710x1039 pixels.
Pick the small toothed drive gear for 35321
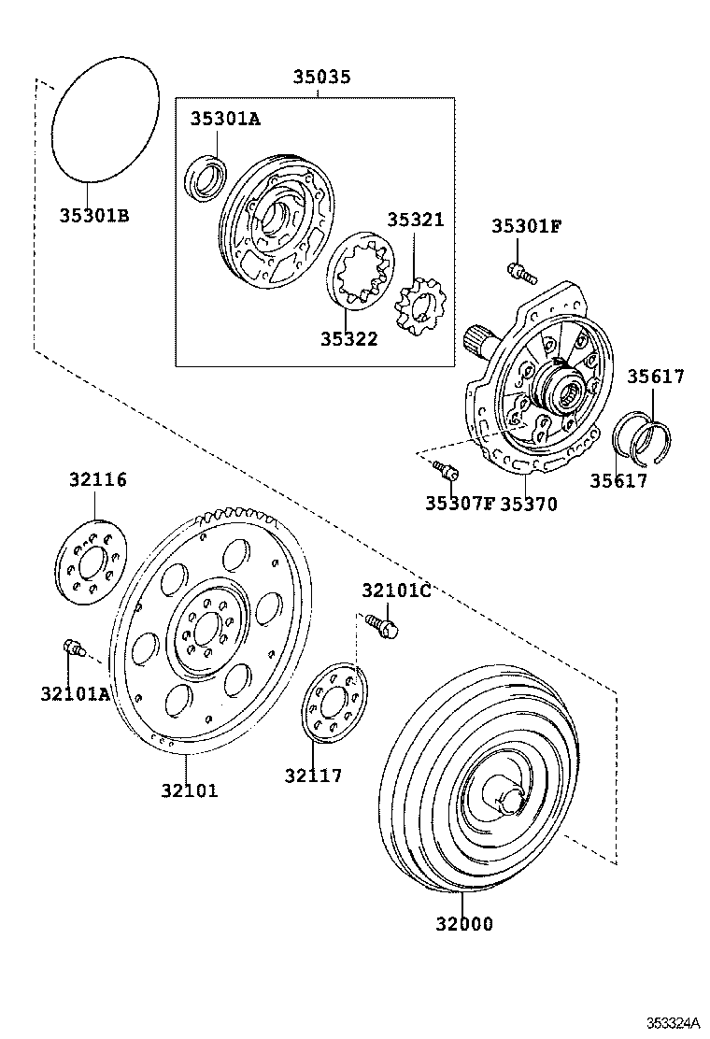422,306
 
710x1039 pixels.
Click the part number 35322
348,339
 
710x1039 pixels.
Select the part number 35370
528,504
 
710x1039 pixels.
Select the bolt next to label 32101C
382,623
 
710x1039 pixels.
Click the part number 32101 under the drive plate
187,790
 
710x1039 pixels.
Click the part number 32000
463,924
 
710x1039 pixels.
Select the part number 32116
97,480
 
